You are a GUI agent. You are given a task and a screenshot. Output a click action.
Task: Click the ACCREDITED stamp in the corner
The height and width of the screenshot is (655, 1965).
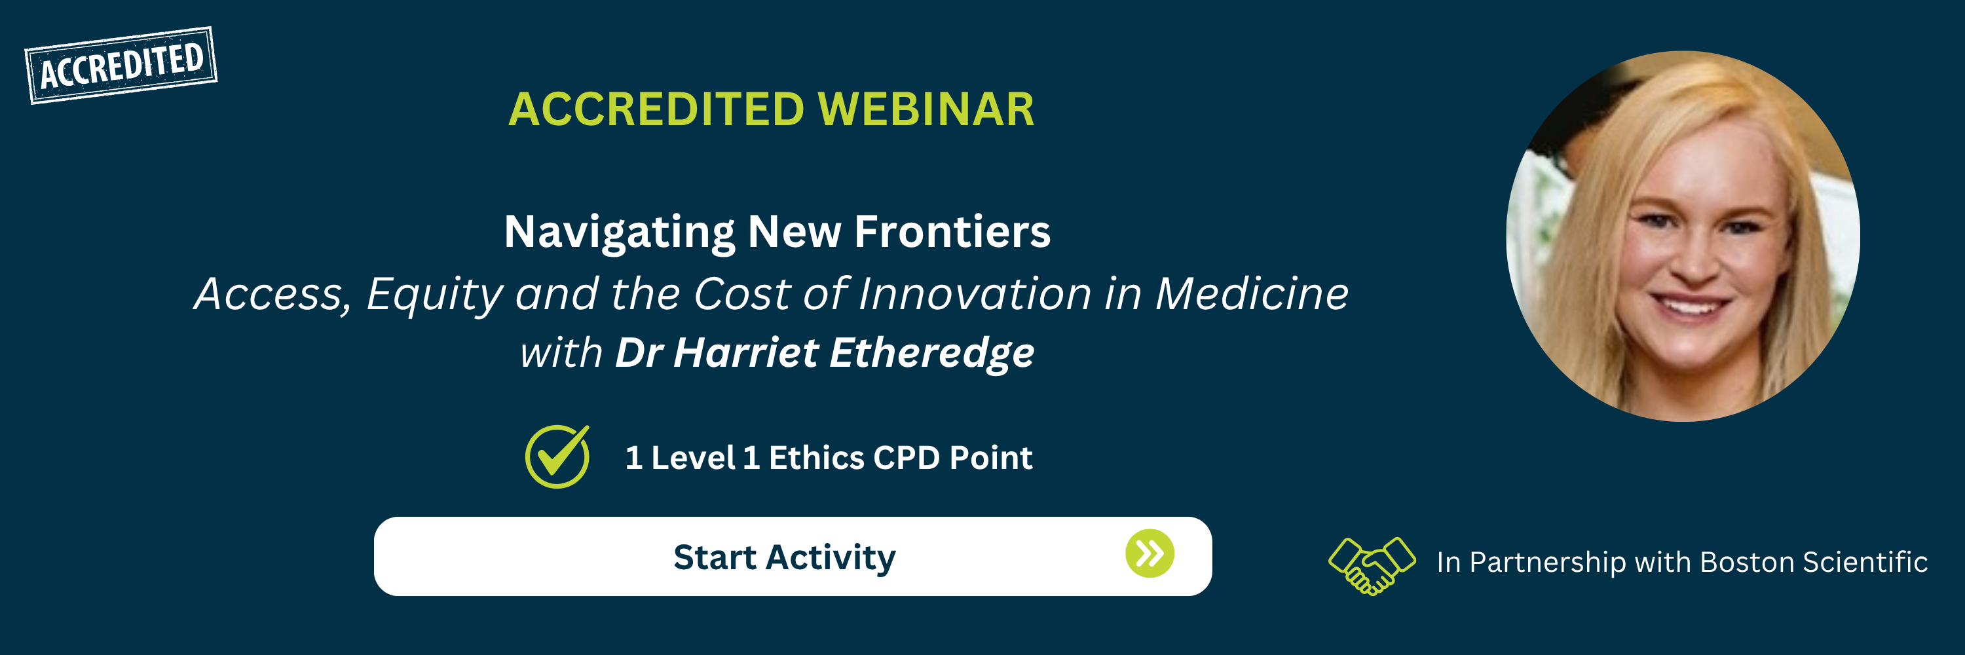(x=121, y=65)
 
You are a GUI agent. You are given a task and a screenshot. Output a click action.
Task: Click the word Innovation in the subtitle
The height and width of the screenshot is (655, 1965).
(x=975, y=293)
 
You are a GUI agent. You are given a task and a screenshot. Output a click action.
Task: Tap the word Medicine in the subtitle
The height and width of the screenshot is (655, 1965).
(x=1252, y=293)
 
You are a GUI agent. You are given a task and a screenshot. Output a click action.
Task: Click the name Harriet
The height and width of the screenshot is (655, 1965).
(x=746, y=352)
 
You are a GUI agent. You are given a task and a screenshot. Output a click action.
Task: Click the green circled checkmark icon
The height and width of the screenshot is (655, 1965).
(x=557, y=456)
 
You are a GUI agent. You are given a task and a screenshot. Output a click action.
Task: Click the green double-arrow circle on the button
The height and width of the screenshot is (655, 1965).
(x=1150, y=553)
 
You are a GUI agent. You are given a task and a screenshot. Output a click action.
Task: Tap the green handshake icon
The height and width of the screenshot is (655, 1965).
(x=1372, y=565)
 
